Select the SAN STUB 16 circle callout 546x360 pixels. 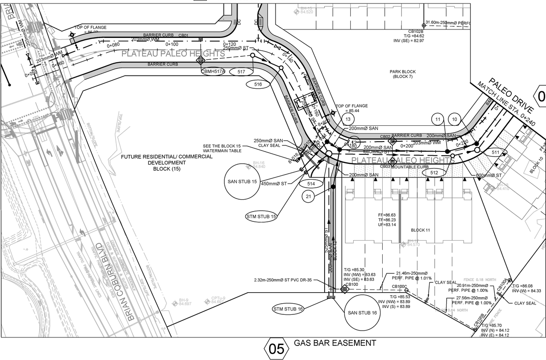pos(363,313)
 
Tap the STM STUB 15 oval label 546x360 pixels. pos(262,217)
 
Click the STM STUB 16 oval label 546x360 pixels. pos(289,309)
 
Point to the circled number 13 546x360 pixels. pos(348,119)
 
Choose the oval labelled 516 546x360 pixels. pos(258,84)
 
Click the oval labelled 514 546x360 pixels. pos(311,183)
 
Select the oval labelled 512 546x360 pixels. pos(434,173)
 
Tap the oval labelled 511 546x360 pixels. pos(495,152)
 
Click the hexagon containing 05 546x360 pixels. pos(276,349)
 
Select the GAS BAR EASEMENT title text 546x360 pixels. pos(335,343)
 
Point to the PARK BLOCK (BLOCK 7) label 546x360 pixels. pos(402,74)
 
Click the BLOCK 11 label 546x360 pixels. pos(420,230)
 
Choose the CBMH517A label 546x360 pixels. pos(213,72)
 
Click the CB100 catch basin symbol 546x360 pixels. pos(345,289)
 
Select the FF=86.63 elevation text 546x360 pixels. pos(387,215)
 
